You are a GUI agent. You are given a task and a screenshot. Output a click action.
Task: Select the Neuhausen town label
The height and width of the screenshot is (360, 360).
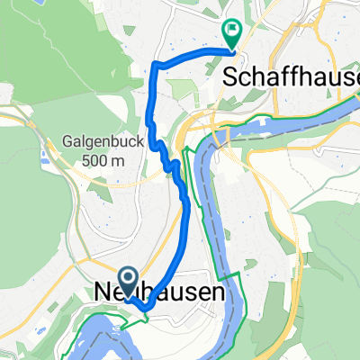click(158, 294)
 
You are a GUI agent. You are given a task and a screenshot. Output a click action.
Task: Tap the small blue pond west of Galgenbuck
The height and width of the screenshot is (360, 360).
click(42, 162)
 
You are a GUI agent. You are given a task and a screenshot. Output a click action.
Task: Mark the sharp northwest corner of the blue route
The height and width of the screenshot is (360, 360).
click(157, 63)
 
